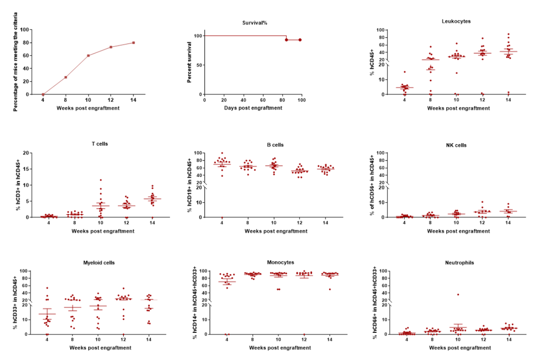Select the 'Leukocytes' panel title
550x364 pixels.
[x=456, y=21]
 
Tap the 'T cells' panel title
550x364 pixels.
[x=99, y=144]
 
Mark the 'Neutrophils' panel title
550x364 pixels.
[x=459, y=263]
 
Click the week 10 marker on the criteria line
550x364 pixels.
[x=88, y=56]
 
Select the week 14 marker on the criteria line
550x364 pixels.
[x=133, y=43]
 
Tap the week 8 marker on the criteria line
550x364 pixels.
[x=66, y=77]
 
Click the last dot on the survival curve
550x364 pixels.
[x=300, y=40]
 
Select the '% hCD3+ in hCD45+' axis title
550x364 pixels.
[x=18, y=185]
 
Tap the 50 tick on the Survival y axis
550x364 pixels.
[x=199, y=65]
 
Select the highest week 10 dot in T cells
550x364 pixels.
[x=101, y=180]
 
